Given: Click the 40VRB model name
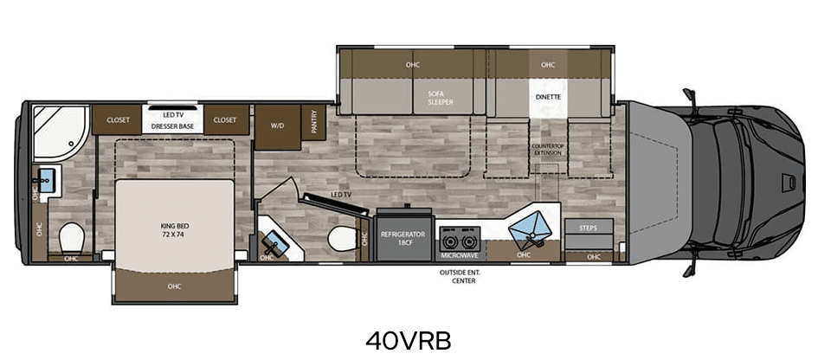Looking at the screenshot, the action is [x=408, y=340].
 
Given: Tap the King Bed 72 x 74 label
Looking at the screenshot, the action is [x=175, y=230].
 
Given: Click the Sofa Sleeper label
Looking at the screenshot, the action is [x=441, y=98].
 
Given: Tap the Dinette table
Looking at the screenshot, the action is [x=548, y=98].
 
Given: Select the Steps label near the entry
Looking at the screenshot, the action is [x=589, y=228].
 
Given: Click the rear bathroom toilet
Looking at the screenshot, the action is [x=71, y=239].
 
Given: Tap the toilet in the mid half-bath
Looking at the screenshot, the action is [x=341, y=240].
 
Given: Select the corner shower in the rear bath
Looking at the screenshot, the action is [x=59, y=132].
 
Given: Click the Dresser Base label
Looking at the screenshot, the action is [x=172, y=126].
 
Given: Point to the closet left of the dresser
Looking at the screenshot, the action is [x=118, y=119].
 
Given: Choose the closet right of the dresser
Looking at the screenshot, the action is [x=225, y=119].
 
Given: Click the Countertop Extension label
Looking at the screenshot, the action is [x=547, y=150].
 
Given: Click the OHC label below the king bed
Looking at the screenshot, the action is [x=175, y=286].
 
